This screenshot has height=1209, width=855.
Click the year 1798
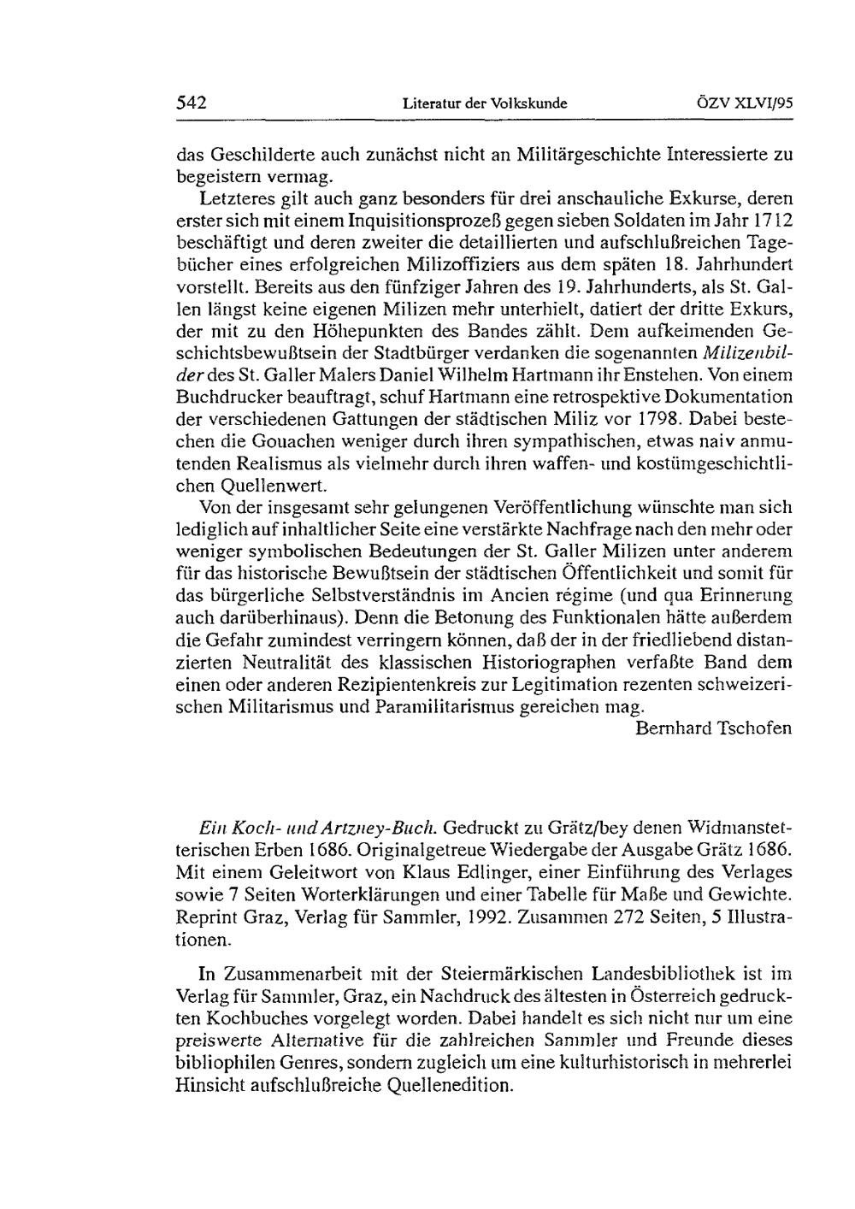[x=660, y=419]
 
